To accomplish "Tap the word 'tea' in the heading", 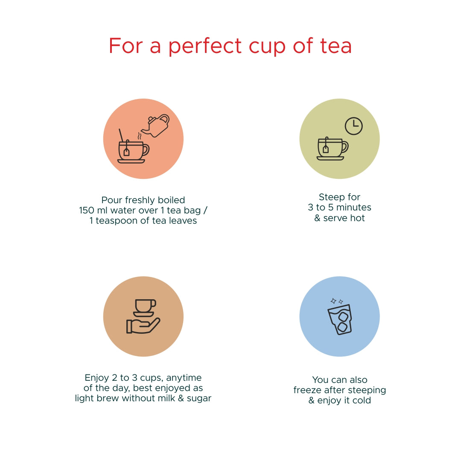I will pyautogui.click(x=336, y=46).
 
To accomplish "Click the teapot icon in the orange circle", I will pyautogui.click(x=157, y=125).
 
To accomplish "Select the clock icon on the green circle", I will pyautogui.click(x=353, y=126).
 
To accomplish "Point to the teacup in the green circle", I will pyautogui.click(x=332, y=149).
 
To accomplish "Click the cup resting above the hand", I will pyautogui.click(x=145, y=306).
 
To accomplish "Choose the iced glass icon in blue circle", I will pyautogui.click(x=340, y=319).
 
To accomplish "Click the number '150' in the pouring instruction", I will pyautogui.click(x=88, y=210).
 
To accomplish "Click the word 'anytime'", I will pyautogui.click(x=184, y=378).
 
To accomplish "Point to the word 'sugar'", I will pyautogui.click(x=199, y=399).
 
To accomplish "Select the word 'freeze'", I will pyautogui.click(x=308, y=390).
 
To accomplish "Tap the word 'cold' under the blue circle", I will pyautogui.click(x=361, y=400).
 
